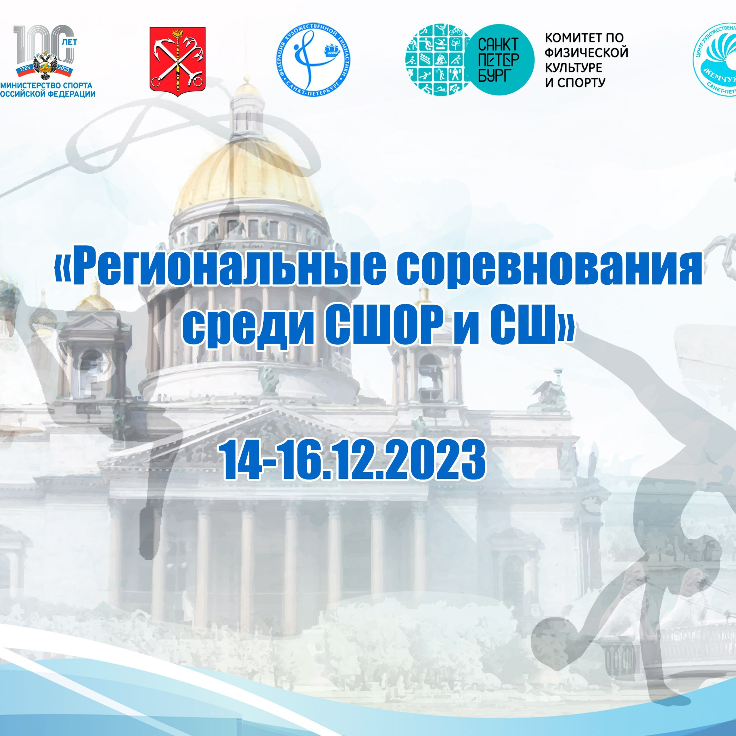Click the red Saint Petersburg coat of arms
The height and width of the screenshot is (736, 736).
click(177, 61)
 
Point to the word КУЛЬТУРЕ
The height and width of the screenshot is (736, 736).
click(573, 68)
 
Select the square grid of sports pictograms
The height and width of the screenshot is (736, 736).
click(434, 60)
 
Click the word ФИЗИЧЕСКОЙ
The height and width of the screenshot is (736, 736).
click(586, 53)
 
